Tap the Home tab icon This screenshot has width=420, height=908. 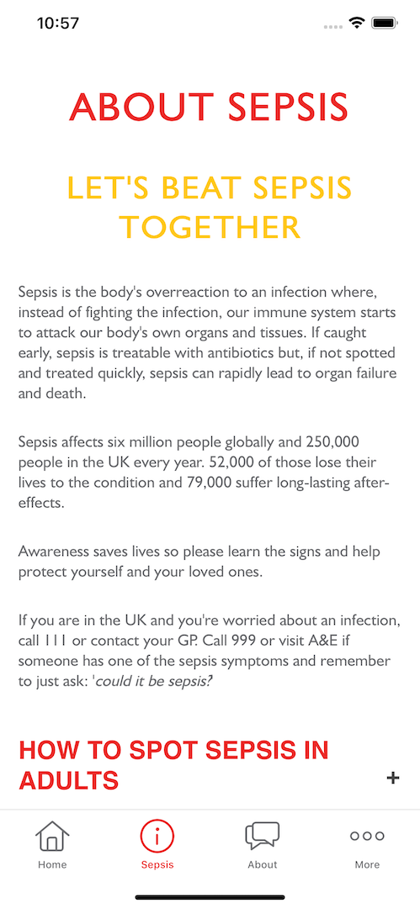pyautogui.click(x=51, y=837)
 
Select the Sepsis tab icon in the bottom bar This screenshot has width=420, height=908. pyautogui.click(x=157, y=837)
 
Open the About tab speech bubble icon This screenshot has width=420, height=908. pyautogui.click(x=262, y=836)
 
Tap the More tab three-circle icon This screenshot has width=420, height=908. pyautogui.click(x=367, y=836)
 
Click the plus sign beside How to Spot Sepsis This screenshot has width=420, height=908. pyautogui.click(x=392, y=778)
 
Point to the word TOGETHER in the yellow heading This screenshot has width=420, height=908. pyautogui.click(x=210, y=227)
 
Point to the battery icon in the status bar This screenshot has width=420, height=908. pyautogui.click(x=386, y=24)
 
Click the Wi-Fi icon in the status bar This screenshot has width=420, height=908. pyautogui.click(x=357, y=24)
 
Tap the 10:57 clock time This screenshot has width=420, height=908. pyautogui.click(x=58, y=24)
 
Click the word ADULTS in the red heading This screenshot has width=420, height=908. pyautogui.click(x=68, y=780)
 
